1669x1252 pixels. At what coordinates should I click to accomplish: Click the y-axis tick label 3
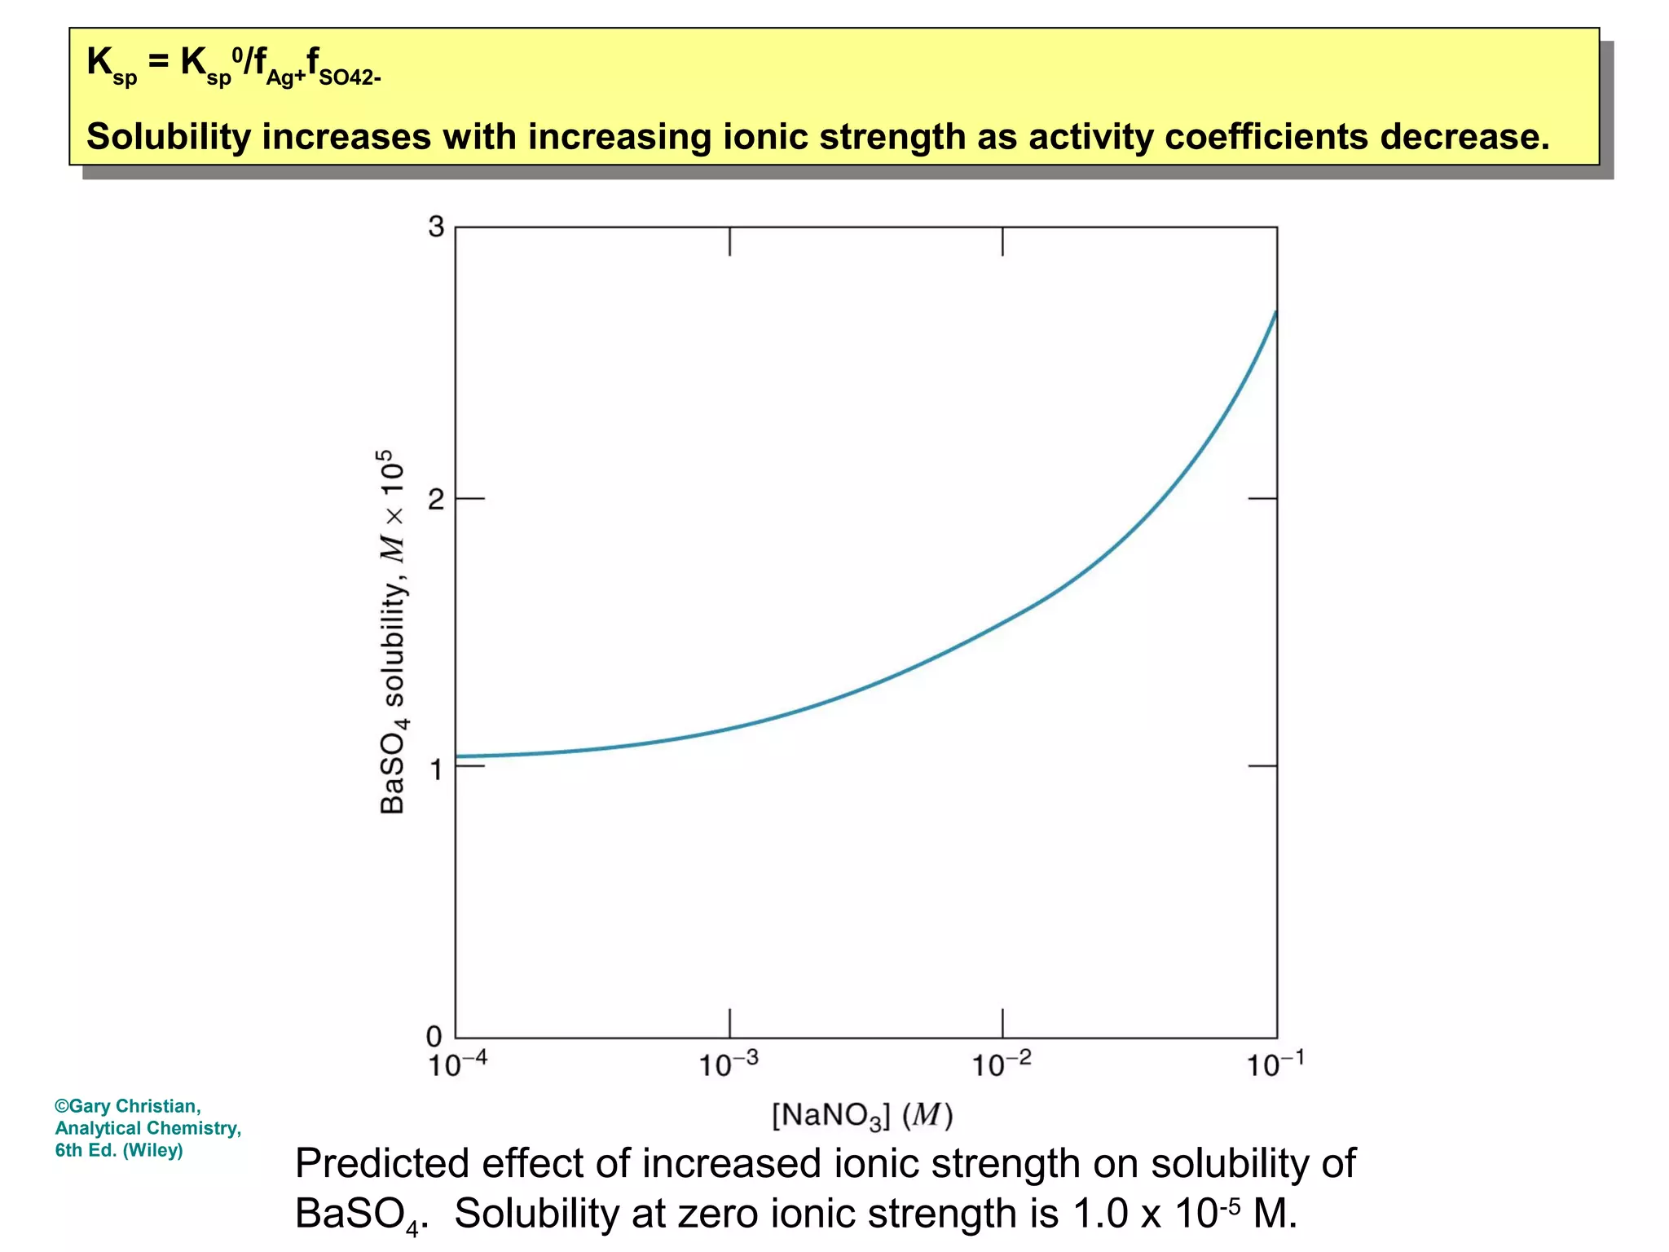[x=436, y=227]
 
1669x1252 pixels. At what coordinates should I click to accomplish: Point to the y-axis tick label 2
[x=436, y=499]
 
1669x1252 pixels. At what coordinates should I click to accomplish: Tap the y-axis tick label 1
[x=436, y=769]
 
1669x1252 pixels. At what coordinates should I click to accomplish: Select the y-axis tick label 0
[x=434, y=1037]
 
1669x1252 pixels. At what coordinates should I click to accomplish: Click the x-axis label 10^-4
[x=457, y=1064]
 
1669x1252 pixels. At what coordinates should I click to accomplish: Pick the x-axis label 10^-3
[x=729, y=1064]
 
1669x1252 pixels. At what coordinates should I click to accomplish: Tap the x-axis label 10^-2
[x=1002, y=1064]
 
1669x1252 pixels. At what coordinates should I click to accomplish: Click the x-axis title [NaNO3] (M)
[x=862, y=1115]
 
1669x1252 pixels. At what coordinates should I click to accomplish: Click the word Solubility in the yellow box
[x=169, y=137]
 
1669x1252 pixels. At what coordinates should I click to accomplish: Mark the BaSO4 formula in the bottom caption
[x=359, y=1215]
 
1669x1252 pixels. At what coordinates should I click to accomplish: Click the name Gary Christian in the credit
[x=134, y=1106]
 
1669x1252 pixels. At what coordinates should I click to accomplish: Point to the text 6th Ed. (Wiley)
[x=119, y=1150]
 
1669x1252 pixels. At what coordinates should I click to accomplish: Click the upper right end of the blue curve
[x=1275, y=312]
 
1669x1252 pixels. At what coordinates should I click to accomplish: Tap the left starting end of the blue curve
[x=457, y=756]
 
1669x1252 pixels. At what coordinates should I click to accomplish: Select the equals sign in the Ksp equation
[x=159, y=62]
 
